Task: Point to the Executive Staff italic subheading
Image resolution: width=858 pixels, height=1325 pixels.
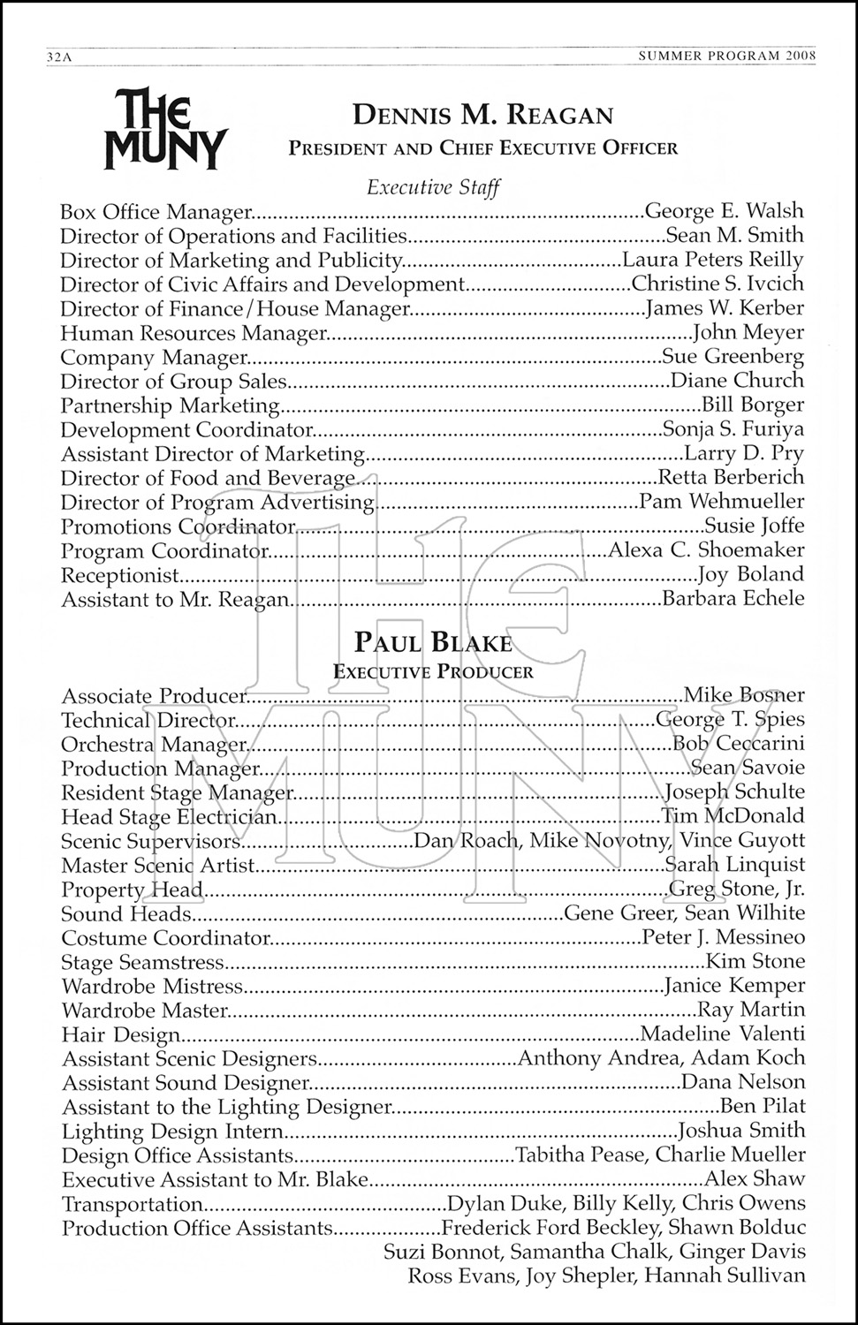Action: click(434, 187)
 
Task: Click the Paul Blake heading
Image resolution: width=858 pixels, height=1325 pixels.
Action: click(433, 642)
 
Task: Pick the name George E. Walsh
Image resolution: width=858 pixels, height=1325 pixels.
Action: click(725, 211)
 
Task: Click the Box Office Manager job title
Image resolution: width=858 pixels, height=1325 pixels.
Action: click(156, 212)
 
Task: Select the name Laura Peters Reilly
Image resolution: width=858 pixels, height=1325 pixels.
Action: click(713, 260)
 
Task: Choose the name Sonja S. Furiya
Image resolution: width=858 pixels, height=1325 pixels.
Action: click(733, 429)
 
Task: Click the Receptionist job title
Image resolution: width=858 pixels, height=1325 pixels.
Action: click(120, 575)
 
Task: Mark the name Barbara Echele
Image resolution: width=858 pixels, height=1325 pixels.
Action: click(733, 599)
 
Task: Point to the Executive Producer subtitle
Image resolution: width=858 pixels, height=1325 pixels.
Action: click(433, 671)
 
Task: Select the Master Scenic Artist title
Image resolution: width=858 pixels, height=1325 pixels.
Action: click(158, 866)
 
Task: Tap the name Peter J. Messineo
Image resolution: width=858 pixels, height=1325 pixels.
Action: click(724, 937)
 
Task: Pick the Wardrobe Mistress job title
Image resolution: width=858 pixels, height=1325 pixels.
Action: click(151, 986)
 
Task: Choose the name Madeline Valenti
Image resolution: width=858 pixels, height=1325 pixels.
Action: click(722, 1034)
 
